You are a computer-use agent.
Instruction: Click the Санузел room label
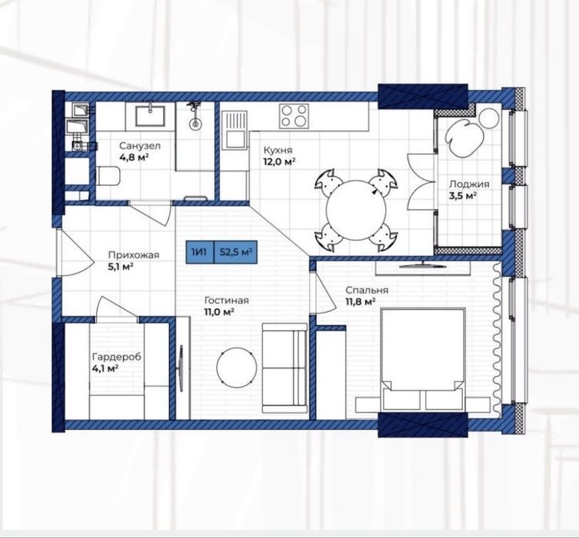140,146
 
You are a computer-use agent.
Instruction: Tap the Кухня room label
278,150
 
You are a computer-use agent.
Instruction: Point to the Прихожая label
133,255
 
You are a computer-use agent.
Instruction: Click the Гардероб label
116,357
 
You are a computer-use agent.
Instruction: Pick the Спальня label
367,291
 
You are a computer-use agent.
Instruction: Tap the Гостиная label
226,301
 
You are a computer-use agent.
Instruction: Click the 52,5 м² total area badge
235,252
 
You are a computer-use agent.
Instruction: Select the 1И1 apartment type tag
200,252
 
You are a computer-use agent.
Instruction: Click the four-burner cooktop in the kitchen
294,116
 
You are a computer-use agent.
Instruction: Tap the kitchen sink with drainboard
235,130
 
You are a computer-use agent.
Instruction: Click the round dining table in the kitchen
356,211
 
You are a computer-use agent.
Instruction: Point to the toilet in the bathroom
108,176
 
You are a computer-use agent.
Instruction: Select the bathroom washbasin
150,116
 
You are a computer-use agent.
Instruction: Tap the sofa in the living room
285,368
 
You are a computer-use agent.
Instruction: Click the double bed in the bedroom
422,360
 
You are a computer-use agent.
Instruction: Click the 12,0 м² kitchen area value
279,161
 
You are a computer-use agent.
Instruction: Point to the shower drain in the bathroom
195,124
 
